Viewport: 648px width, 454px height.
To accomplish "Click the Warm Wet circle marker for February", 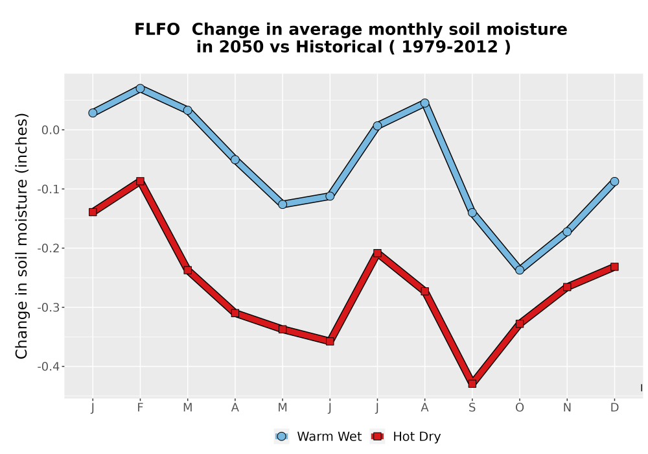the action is click(140, 88).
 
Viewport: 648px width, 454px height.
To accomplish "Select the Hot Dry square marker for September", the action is click(472, 384).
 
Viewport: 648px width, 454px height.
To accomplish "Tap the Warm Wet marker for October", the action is click(520, 270).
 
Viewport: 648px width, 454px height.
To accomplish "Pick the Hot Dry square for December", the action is click(614, 267).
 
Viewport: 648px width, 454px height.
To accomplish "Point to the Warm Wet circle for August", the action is click(425, 103).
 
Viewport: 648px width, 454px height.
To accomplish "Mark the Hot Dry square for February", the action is click(140, 181).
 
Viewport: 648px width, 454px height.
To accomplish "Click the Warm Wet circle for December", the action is click(614, 182).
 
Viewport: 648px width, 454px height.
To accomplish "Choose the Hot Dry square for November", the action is click(567, 287).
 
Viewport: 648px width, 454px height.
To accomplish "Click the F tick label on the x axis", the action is click(140, 408).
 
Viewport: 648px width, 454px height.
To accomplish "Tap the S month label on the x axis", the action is click(472, 408).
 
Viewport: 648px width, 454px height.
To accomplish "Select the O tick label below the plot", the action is click(520, 408).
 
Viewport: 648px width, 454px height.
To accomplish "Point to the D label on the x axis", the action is click(614, 408).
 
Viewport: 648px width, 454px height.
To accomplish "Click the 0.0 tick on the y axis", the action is click(51, 130).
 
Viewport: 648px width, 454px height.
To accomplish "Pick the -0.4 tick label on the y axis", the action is click(49, 366).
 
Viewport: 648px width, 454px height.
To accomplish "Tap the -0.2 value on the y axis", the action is click(49, 248).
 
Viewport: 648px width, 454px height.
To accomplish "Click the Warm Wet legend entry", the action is click(318, 436).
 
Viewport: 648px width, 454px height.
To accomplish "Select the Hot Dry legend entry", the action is click(406, 436).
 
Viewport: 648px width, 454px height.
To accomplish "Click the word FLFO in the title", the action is click(157, 30).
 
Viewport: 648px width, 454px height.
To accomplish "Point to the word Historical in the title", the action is click(339, 47).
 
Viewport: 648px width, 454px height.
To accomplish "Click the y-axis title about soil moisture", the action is click(21, 235).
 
